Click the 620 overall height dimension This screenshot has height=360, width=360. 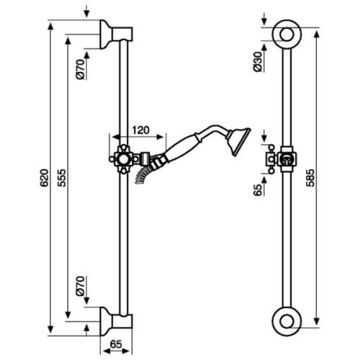click(x=44, y=178)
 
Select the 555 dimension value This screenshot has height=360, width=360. click(x=63, y=178)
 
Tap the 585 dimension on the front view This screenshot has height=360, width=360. click(x=311, y=178)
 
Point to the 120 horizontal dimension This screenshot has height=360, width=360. click(x=140, y=130)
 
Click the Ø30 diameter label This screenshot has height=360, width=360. click(x=258, y=62)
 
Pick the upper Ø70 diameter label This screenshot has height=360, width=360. click(x=81, y=70)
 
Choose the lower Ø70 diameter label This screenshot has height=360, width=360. click(x=81, y=286)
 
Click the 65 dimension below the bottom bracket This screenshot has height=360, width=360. click(x=116, y=345)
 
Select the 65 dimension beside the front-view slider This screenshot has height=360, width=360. click(x=258, y=190)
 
